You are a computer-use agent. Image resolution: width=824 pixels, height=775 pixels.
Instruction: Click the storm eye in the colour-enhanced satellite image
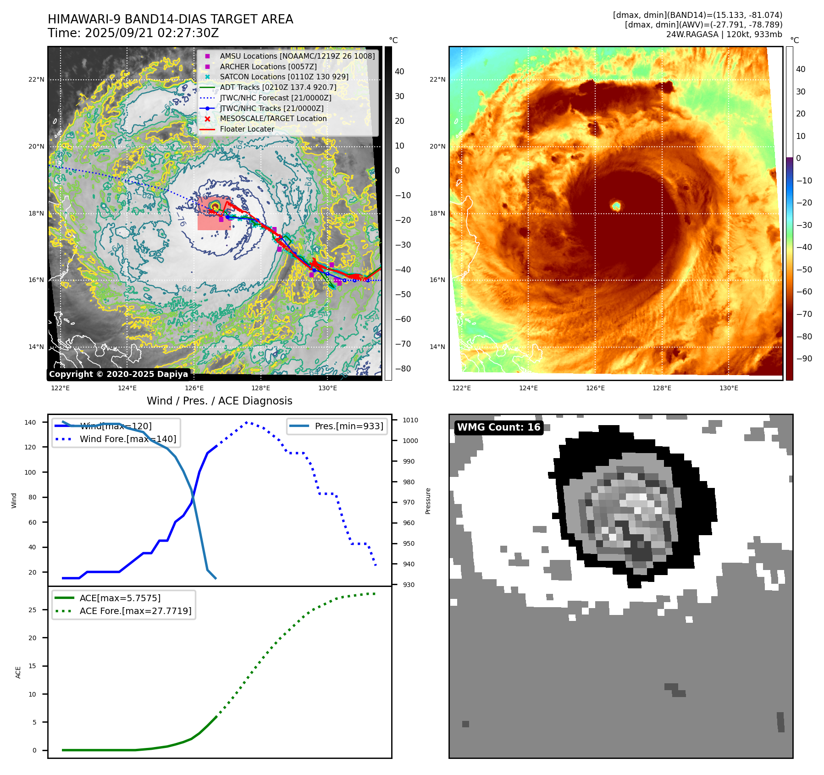[616, 206]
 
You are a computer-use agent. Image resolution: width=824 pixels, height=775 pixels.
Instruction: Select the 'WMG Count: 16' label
[498, 427]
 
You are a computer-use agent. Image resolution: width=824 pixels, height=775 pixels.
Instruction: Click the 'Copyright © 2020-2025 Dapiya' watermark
[118, 374]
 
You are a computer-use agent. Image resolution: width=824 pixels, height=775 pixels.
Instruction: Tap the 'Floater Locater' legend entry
[247, 129]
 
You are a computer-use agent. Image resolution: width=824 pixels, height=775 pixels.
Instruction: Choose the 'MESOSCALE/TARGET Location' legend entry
[273, 118]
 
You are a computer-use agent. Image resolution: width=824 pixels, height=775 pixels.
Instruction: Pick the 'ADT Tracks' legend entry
[277, 87]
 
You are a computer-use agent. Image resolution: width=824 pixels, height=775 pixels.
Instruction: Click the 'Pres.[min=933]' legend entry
[348, 426]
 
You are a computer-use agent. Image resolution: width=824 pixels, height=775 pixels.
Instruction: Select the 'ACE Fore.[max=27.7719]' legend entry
[135, 611]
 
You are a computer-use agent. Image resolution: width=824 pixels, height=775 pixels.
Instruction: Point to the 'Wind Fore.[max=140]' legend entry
[127, 439]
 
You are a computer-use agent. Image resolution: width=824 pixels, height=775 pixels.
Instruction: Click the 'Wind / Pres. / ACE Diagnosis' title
[219, 401]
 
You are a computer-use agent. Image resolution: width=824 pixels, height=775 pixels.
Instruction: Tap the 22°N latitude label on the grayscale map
[36, 79]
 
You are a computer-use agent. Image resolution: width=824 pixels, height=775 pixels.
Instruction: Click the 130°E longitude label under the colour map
[729, 388]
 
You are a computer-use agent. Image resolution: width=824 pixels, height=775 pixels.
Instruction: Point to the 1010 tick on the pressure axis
[410, 420]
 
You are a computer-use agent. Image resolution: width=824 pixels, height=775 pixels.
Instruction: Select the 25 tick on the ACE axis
[33, 610]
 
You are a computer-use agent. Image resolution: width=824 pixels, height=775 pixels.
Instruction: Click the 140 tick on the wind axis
[30, 422]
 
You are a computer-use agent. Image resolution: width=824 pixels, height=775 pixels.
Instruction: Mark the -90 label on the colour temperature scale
[804, 359]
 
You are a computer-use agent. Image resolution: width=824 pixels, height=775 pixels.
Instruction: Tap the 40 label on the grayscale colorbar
[399, 72]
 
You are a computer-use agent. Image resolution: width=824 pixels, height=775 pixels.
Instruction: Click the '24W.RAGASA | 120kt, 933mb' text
[724, 34]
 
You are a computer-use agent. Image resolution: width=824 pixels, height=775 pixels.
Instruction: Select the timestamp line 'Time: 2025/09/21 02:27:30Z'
[133, 33]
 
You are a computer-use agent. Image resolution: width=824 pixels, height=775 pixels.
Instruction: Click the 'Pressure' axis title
[428, 501]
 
